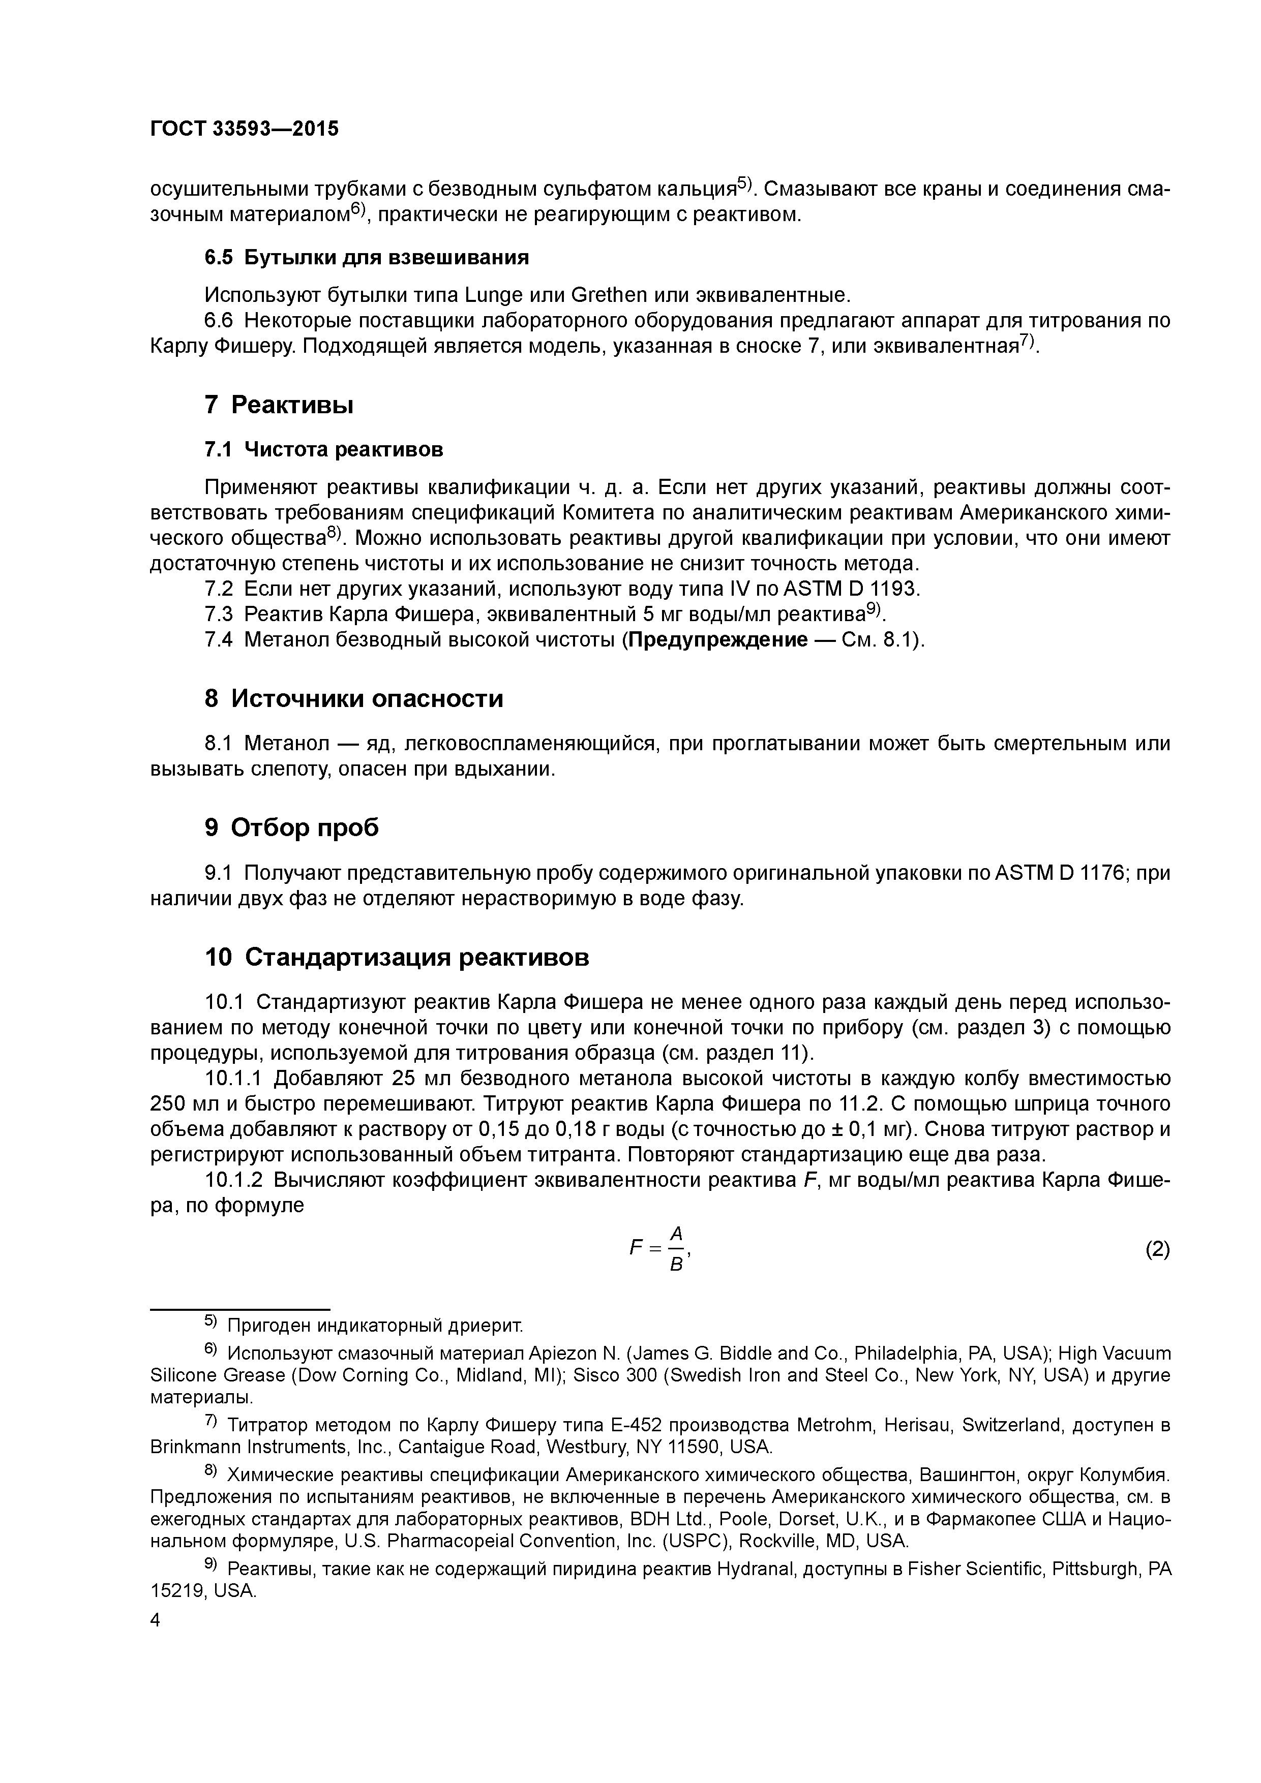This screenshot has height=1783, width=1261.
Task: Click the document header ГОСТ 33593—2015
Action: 244,129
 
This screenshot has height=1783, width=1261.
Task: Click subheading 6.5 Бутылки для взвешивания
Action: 366,257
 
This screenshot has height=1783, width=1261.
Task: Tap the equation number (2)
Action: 1157,1249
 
